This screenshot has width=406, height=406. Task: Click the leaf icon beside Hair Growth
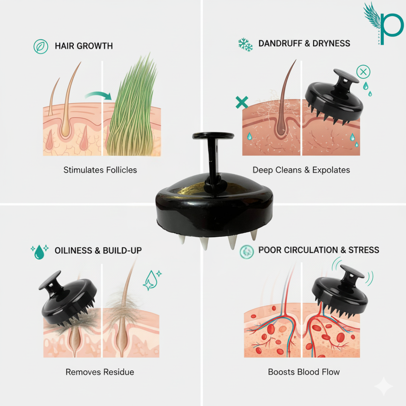tap(41, 47)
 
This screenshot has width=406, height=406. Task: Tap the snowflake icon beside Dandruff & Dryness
tap(245, 45)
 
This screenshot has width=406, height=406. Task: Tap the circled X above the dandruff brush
tap(363, 72)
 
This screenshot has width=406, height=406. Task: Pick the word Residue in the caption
tap(118, 372)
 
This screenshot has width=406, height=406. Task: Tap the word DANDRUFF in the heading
tap(280, 43)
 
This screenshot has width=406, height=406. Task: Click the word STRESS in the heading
tap(364, 250)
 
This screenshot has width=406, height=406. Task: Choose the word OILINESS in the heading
tap(73, 250)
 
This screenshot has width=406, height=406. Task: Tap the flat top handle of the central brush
tap(213, 135)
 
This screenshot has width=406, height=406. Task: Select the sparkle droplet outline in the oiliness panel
tap(152, 280)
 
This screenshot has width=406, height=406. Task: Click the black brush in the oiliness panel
tap(68, 298)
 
